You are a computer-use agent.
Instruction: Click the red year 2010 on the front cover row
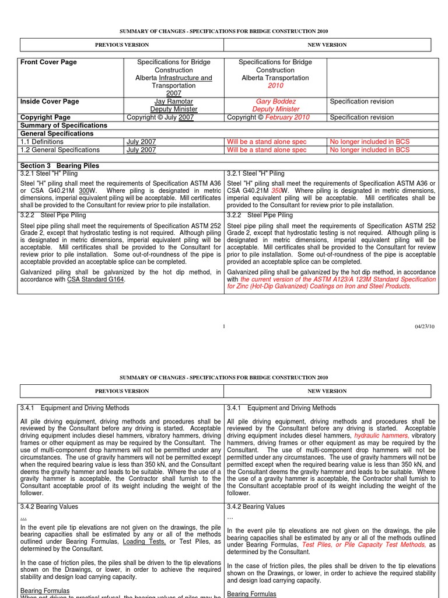click(x=275, y=86)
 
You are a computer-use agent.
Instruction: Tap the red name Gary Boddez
click(x=275, y=102)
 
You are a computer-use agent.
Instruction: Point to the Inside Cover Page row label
click(x=50, y=102)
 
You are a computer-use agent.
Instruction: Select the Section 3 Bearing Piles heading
click(x=60, y=166)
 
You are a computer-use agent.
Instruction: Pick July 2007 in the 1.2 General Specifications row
click(x=141, y=150)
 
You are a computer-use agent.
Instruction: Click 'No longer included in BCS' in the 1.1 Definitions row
click(x=370, y=142)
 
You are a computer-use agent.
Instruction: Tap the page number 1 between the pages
click(x=224, y=326)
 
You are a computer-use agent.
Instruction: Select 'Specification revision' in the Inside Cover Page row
click(x=362, y=102)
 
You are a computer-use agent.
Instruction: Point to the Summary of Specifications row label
click(x=64, y=126)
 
